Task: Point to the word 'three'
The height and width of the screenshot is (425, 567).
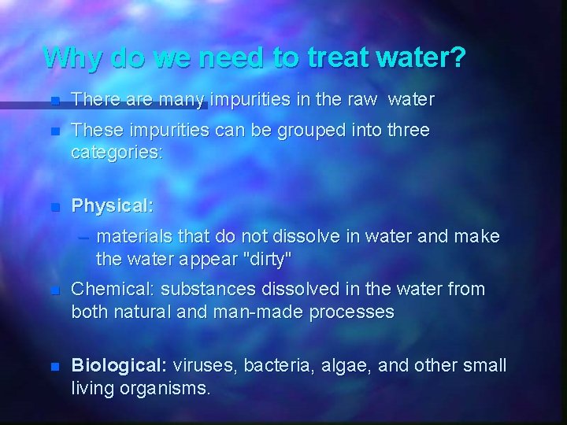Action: tap(404, 130)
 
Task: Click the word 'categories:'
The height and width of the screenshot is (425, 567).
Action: tap(117, 152)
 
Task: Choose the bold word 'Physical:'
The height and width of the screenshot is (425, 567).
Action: tap(113, 206)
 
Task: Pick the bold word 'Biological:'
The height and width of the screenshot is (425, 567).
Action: tap(119, 366)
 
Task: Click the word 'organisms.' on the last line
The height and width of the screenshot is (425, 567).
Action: tap(165, 388)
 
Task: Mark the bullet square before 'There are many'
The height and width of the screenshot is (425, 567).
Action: tap(54, 101)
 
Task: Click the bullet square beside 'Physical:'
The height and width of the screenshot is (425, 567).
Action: tap(54, 208)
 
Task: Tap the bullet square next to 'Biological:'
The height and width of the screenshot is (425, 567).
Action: tap(54, 367)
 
